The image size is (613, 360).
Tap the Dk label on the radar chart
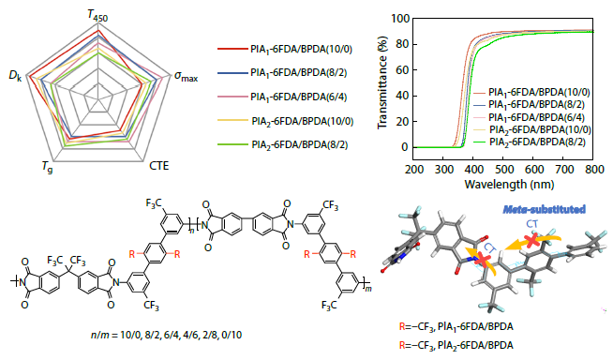click(14, 76)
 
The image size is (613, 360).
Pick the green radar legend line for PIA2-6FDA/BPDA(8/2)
click(231, 144)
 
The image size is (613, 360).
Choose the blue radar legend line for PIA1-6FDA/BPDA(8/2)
click(231, 72)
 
